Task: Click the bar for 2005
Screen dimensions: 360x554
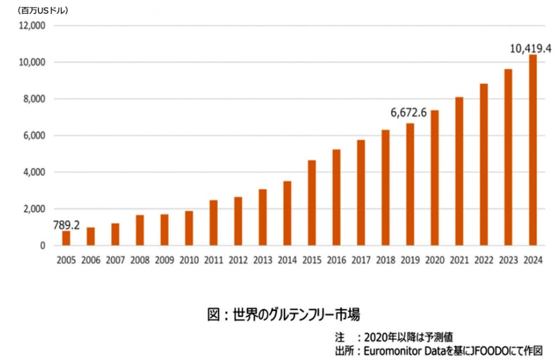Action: coord(66,238)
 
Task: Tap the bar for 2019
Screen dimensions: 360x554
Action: coord(410,184)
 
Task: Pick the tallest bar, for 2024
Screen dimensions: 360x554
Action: coord(533,150)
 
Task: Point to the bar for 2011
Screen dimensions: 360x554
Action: coord(214,223)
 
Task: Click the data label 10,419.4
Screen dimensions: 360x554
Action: coord(531,48)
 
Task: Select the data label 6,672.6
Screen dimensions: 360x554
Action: coord(409,112)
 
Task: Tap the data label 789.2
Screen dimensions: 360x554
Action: coord(66,225)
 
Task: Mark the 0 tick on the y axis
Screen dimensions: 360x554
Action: coord(42,246)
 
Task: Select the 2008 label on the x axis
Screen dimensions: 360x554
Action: coord(140,260)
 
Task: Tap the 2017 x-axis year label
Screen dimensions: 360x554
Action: coord(361,260)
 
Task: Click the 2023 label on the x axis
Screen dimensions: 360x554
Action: coord(508,260)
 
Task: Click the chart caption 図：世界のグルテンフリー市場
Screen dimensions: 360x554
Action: coord(283,315)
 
